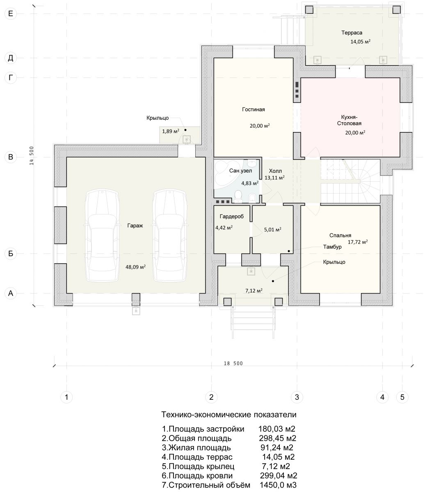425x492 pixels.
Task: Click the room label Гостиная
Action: (x=253, y=109)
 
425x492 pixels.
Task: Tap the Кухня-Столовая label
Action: (x=349, y=120)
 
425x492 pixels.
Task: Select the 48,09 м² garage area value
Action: (x=135, y=267)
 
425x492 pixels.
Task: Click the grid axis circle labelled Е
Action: (x=11, y=14)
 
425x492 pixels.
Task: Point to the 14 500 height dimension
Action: (x=32, y=155)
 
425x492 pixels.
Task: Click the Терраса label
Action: (x=352, y=33)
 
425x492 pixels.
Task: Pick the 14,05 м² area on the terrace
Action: (x=360, y=42)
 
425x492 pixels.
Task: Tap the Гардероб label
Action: (x=231, y=216)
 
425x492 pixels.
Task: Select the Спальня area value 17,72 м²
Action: (x=358, y=242)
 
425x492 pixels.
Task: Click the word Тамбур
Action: (x=332, y=247)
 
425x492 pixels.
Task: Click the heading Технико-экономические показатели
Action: (x=229, y=415)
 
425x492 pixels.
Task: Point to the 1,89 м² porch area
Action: (x=171, y=131)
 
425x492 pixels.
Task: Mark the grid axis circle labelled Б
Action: (x=11, y=253)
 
